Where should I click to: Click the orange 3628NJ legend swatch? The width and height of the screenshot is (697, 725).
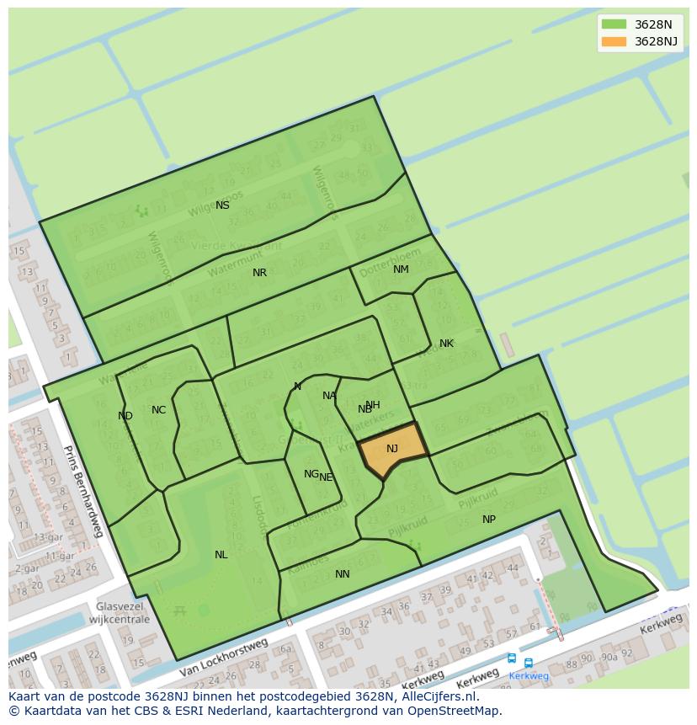[614, 41]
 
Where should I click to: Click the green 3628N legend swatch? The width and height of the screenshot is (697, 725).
[614, 24]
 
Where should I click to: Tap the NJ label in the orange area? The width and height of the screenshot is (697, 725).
[392, 449]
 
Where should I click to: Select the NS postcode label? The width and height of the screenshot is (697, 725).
[222, 205]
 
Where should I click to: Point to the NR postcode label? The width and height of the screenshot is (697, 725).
[259, 273]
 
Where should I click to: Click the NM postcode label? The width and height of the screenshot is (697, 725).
[401, 269]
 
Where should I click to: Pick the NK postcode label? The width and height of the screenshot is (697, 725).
[446, 344]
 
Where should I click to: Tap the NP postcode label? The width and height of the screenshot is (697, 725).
[489, 520]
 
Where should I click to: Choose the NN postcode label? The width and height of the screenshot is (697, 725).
[342, 574]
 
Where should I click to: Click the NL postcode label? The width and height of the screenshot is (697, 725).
[221, 555]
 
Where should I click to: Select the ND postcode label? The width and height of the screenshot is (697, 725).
[125, 416]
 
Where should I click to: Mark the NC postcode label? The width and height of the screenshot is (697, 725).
[158, 410]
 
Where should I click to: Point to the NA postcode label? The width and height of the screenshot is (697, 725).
[328, 396]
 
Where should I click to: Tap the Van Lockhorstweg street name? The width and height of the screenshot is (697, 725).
[223, 658]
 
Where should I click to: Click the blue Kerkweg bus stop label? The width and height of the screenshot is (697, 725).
[529, 675]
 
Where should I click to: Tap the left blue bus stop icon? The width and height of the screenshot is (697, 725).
[512, 658]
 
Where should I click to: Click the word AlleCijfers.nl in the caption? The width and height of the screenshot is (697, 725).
[438, 697]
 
